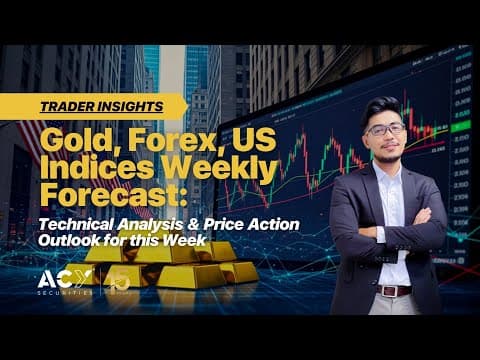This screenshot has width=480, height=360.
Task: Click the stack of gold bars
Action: pos(165,262)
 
